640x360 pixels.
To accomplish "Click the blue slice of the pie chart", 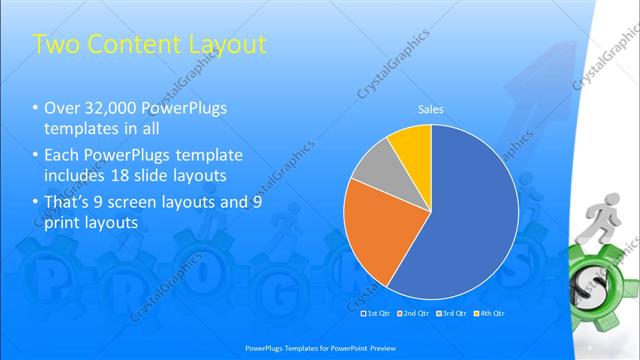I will point(470,220).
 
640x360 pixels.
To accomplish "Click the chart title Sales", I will point(430,109).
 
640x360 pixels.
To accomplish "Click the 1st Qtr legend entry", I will point(377,315).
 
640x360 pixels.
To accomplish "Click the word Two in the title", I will point(56,45).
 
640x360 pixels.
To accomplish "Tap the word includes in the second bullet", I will point(73,174).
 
